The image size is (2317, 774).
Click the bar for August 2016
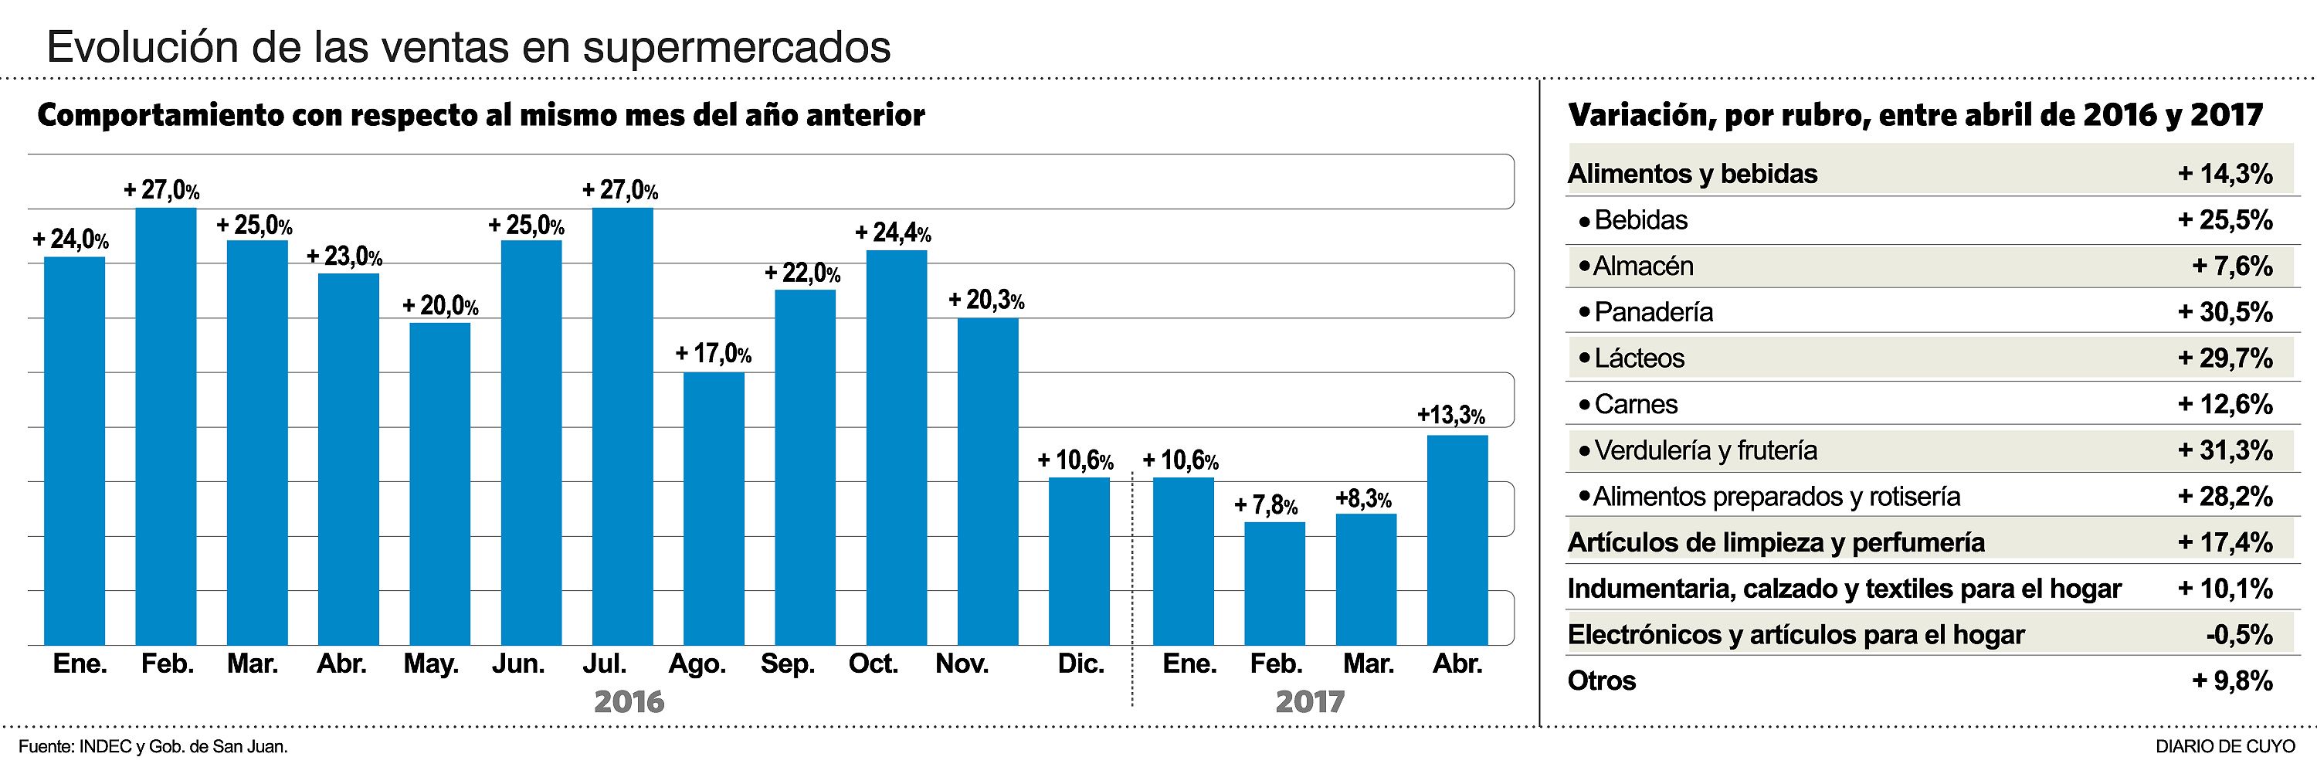[x=714, y=508]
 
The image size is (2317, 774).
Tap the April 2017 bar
[x=1457, y=540]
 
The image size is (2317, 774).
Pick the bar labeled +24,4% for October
[x=896, y=447]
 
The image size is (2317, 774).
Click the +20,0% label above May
[x=439, y=306]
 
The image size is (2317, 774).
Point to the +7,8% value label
[x=1266, y=506]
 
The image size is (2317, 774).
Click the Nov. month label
[x=962, y=664]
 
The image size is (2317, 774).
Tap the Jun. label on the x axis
[x=518, y=664]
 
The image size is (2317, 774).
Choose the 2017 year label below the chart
[x=1310, y=702]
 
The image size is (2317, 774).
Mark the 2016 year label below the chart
[x=629, y=702]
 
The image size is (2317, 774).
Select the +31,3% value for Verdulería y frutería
[x=2225, y=450]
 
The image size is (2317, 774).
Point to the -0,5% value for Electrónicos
[x=2239, y=634]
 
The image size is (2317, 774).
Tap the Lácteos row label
[x=1639, y=358]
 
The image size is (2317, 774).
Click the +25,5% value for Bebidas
[x=2225, y=220]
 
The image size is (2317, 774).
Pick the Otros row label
[x=1602, y=681]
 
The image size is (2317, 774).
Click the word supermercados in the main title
[x=737, y=47]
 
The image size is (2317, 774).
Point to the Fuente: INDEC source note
[x=153, y=747]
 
